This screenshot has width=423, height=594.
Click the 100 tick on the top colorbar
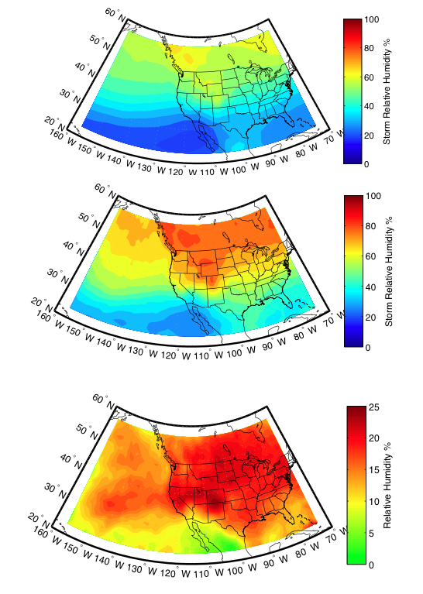tap(371, 19)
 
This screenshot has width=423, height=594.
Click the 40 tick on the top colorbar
tap(369, 106)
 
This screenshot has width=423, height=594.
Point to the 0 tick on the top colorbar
tap(366, 164)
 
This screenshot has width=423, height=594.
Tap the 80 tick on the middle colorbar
tap(370, 226)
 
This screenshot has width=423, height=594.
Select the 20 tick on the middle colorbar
tap(370, 318)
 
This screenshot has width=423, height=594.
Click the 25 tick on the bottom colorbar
tap(373, 407)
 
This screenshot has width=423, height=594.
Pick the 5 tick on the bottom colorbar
tap(371, 534)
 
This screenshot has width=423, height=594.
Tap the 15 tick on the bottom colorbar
tap(373, 470)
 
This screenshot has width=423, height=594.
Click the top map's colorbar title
tap(387, 91)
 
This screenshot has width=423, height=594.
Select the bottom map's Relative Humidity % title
tap(387, 486)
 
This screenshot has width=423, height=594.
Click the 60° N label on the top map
tap(115, 15)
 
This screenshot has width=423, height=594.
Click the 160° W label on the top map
tap(63, 138)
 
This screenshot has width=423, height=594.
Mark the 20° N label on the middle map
tap(42, 304)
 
